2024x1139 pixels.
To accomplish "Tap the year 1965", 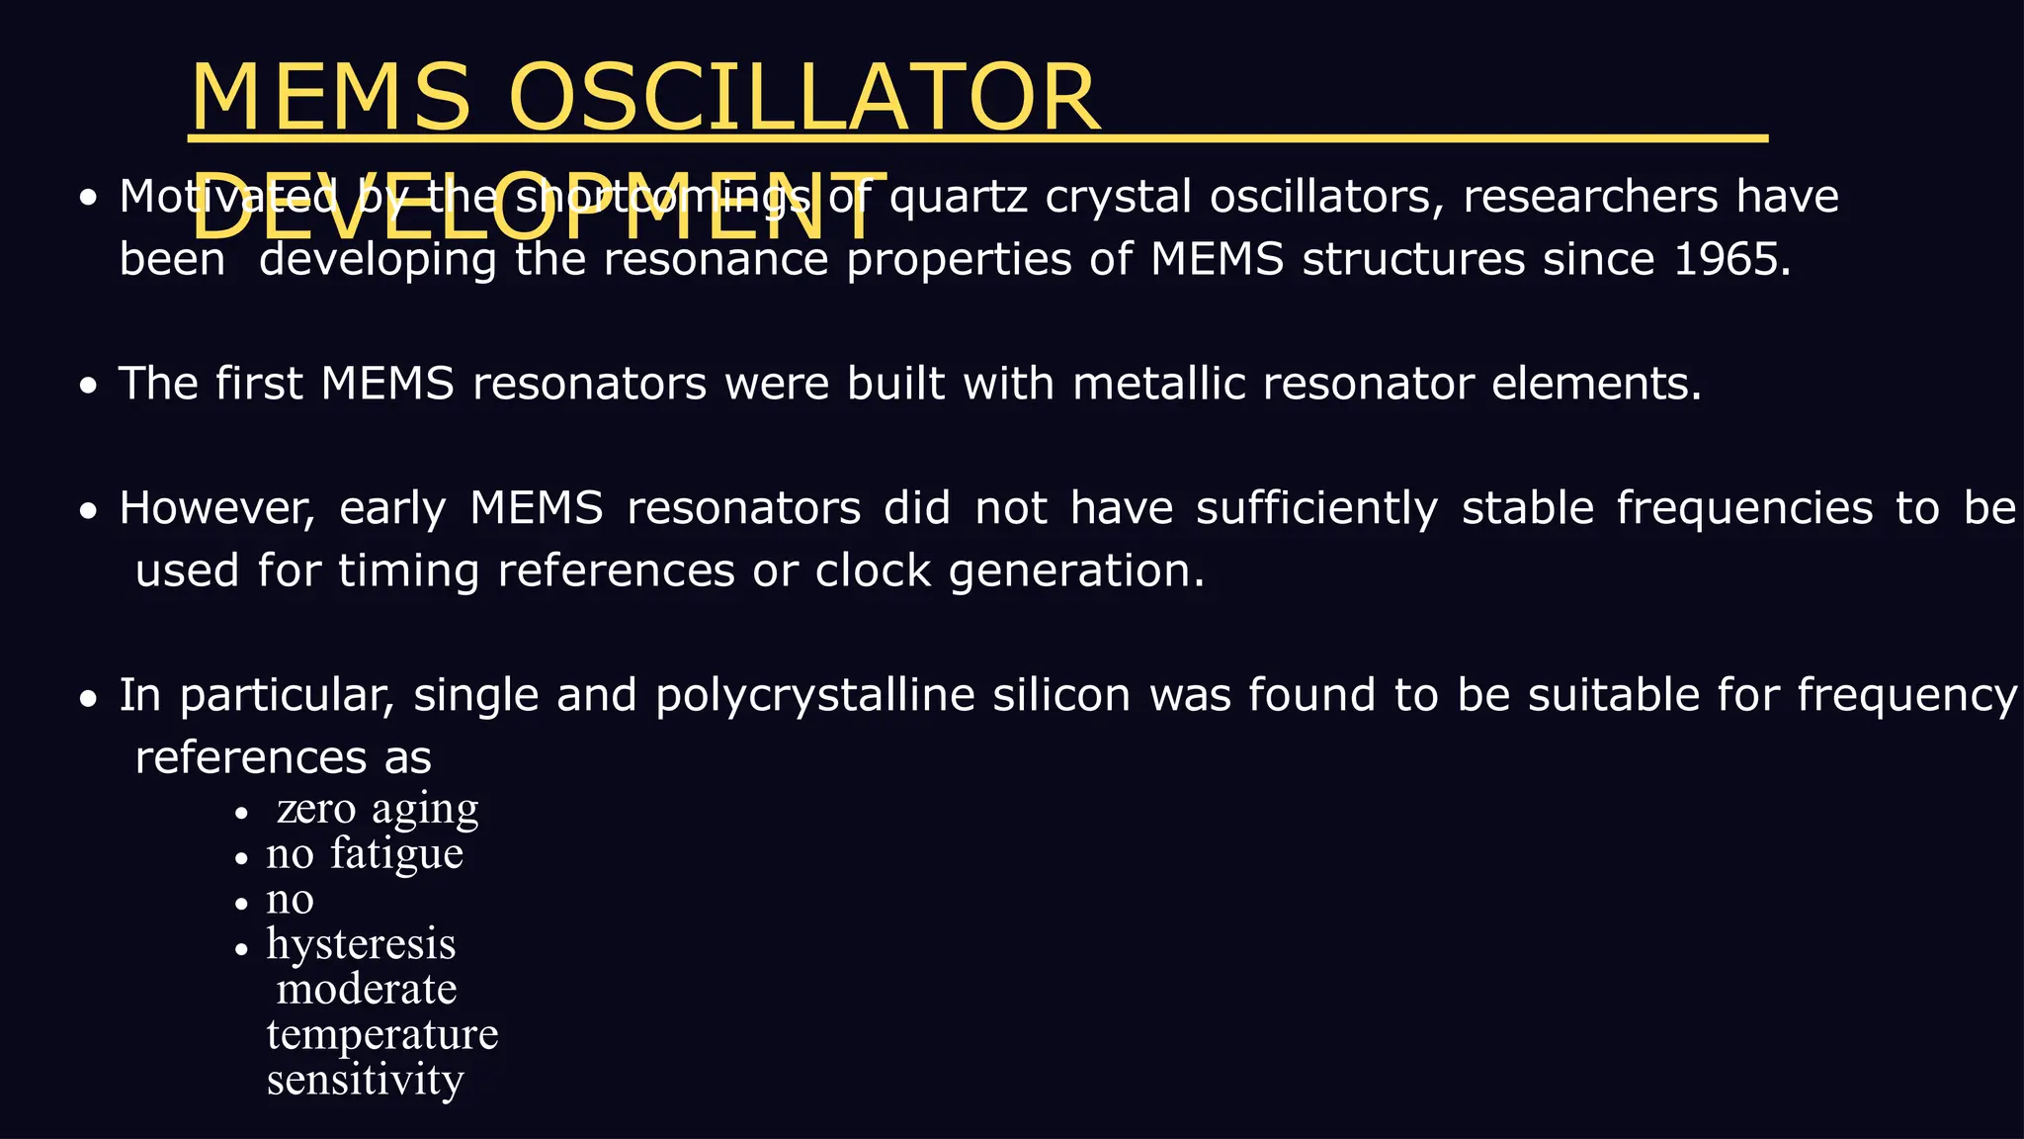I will tap(1731, 260).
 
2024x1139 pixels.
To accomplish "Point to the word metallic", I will tap(1158, 384).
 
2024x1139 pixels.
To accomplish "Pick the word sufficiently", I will tap(1316, 508).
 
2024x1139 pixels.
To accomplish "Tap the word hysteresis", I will tap(361, 944).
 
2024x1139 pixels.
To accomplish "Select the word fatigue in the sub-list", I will tap(396, 853).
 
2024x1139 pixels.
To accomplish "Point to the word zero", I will tap(316, 809).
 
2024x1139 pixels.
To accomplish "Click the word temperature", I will tap(382, 1034).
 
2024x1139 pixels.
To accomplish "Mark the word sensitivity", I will tap(365, 1080).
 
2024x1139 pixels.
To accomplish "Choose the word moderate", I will tap(367, 989).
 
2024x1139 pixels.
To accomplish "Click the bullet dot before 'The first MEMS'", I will tap(90, 386).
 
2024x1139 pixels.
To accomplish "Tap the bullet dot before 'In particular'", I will tap(90, 698).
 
